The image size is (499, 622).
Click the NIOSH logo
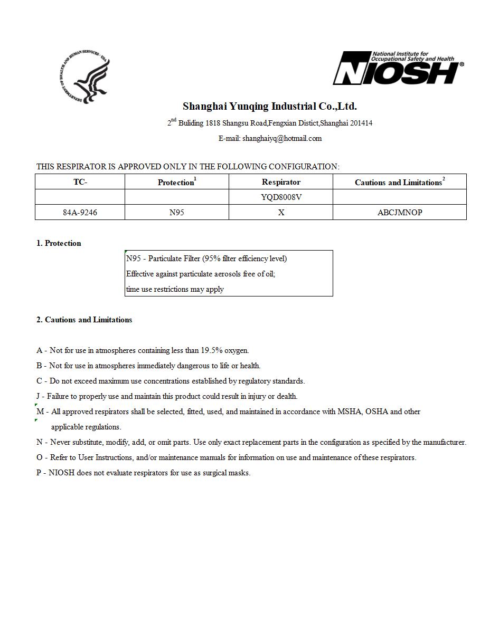click(398, 69)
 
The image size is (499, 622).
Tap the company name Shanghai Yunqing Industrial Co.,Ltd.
click(270, 107)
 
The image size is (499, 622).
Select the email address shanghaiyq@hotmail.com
click(282, 138)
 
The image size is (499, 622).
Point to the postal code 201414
click(361, 123)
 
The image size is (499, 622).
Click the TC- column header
click(80, 182)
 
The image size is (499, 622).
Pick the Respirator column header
click(281, 182)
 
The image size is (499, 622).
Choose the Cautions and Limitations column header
click(400, 182)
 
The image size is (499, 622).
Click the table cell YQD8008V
click(281, 197)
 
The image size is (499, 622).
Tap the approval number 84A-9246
click(80, 212)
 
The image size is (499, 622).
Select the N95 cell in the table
click(176, 212)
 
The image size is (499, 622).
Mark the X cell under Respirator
click(281, 212)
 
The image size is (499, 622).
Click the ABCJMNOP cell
click(400, 212)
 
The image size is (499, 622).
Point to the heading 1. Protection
click(59, 243)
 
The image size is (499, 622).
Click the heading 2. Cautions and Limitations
click(84, 320)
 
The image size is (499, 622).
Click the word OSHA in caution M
click(376, 412)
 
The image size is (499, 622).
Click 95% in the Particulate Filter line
click(212, 259)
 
